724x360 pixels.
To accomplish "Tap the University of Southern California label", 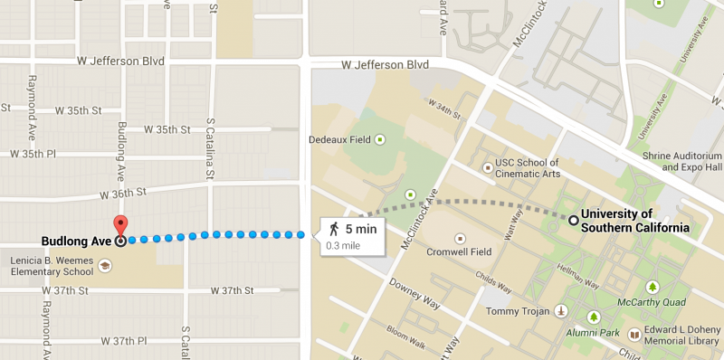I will click(634, 221).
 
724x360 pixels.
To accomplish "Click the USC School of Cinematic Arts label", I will click(541, 167).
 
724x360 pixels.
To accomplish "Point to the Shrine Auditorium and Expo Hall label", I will click(691, 161).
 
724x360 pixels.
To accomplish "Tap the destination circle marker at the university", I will click(572, 220).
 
